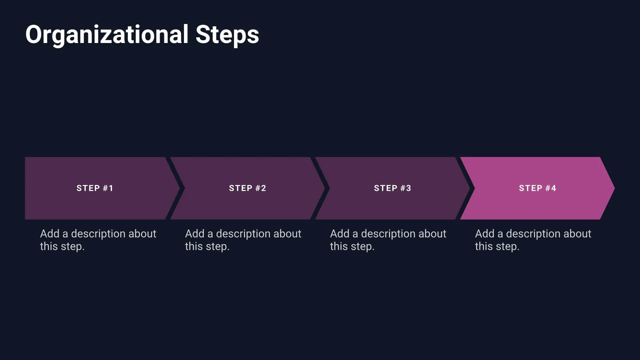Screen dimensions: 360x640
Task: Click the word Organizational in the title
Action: point(107,35)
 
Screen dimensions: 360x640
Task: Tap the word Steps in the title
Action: point(227,35)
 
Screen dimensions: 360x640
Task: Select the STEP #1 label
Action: point(95,188)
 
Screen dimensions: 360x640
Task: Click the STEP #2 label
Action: point(247,188)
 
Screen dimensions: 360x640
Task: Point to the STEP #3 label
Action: point(392,188)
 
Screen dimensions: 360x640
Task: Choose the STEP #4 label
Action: point(537,188)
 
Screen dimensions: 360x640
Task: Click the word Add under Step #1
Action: point(50,234)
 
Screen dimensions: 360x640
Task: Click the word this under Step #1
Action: point(49,247)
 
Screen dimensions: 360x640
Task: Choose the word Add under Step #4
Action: point(485,234)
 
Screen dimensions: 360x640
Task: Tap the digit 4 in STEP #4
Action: point(553,188)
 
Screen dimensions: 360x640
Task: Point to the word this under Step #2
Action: point(194,247)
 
